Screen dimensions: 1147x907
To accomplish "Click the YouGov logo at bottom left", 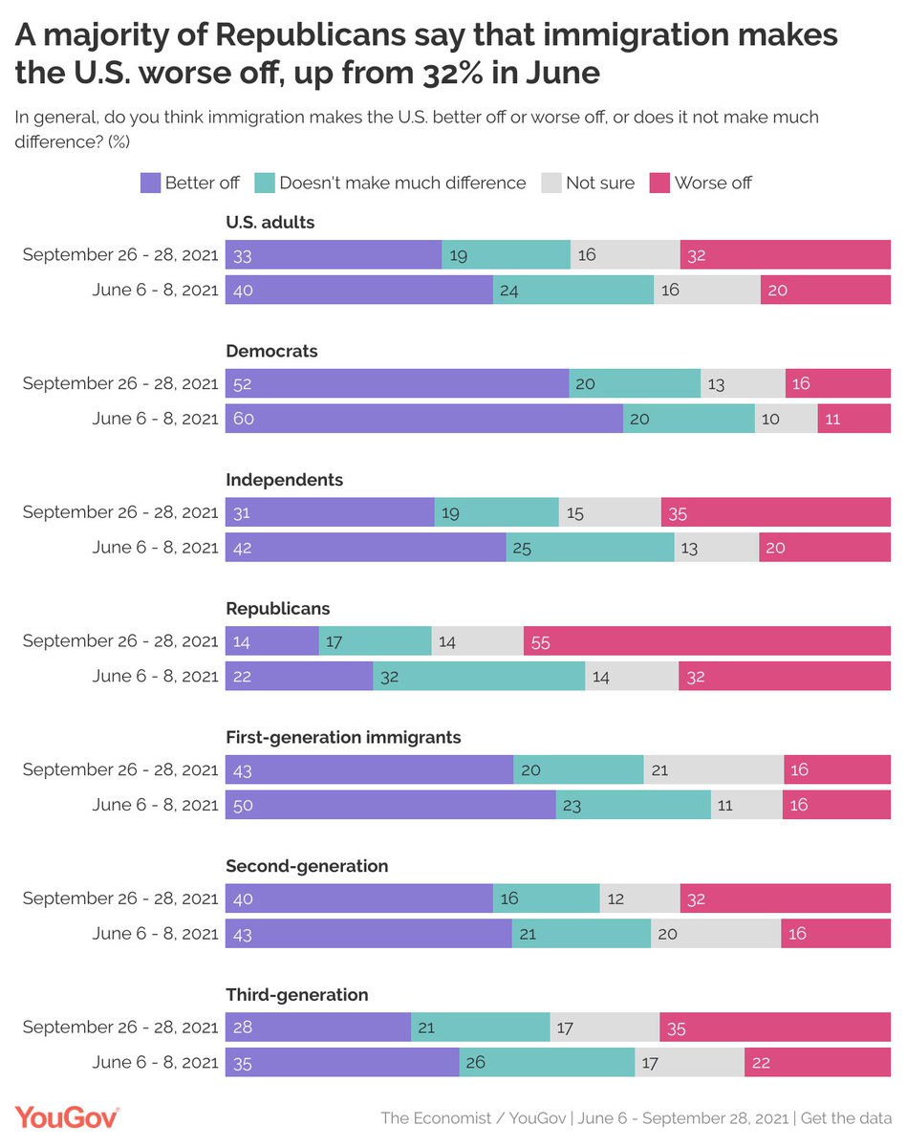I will pyautogui.click(x=66, y=1116).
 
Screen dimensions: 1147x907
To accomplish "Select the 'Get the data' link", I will pyautogui.click(x=845, y=1117).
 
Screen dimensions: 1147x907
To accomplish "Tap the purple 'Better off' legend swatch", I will pyautogui.click(x=150, y=183).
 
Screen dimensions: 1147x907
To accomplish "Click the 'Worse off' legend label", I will pyautogui.click(x=713, y=183).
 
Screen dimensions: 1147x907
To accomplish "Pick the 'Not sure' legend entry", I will pyautogui.click(x=599, y=183).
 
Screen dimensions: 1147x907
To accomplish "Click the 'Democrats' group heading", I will pyautogui.click(x=271, y=351).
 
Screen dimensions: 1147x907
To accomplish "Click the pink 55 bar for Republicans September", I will pyautogui.click(x=707, y=641).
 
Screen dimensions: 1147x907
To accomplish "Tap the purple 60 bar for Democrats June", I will pyautogui.click(x=424, y=419).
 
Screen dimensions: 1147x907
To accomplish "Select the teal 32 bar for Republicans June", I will pyautogui.click(x=479, y=676).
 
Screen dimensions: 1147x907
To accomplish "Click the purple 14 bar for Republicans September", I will pyautogui.click(x=272, y=641).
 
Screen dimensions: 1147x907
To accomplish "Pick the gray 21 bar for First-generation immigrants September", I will pyautogui.click(x=713, y=769).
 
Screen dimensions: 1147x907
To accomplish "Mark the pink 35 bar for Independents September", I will pyautogui.click(x=775, y=512).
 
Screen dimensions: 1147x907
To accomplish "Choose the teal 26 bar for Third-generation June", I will pyautogui.click(x=547, y=1062).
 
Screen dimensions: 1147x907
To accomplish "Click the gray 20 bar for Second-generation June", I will pyautogui.click(x=716, y=933).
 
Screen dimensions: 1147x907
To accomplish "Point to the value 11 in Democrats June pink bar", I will pyautogui.click(x=832, y=419).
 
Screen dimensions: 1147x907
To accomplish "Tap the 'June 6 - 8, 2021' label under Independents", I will pyautogui.click(x=155, y=547).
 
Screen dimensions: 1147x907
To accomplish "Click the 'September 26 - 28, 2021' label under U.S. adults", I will pyautogui.click(x=120, y=255).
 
